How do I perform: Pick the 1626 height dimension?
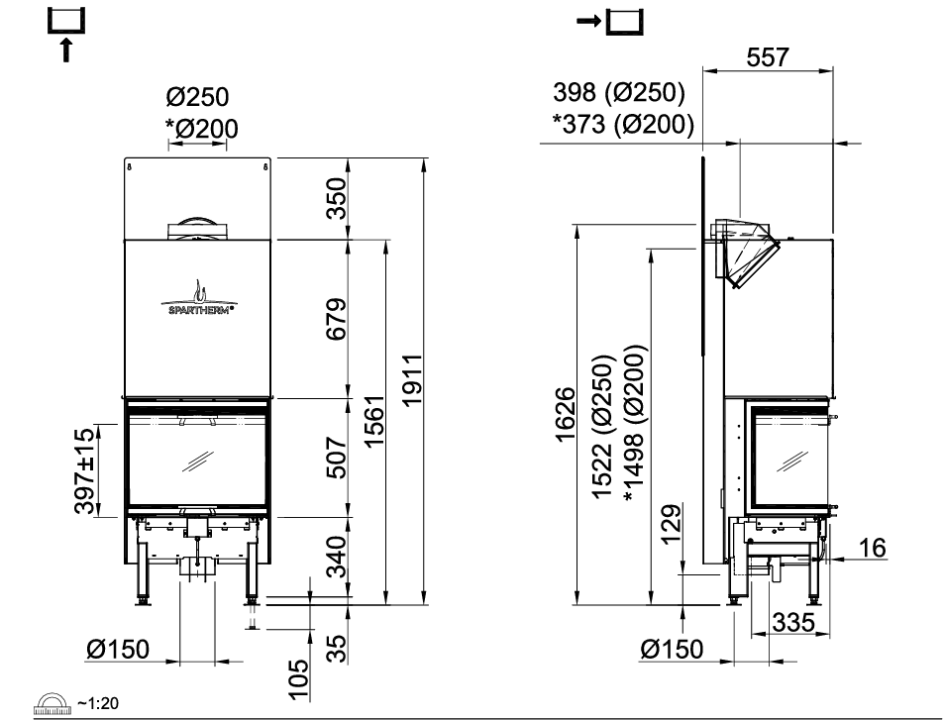566,416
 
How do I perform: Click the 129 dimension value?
672,526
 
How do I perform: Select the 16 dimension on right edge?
873,547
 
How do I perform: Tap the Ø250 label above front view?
197,98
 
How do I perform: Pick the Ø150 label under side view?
672,650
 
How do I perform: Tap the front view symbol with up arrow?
66,32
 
